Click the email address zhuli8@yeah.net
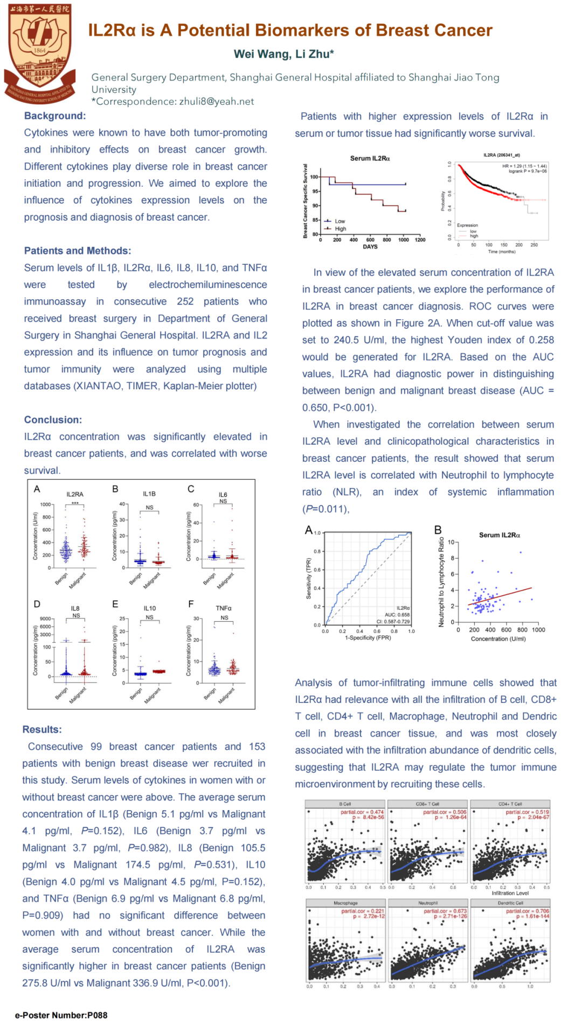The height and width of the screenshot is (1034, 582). coord(216,101)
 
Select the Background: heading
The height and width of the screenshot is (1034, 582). coord(55,116)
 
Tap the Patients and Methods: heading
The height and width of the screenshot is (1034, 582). coord(78,251)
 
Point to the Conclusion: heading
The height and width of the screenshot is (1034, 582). coord(53,420)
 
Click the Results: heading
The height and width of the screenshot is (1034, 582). coord(42,729)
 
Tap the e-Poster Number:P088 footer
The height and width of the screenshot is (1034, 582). coord(61,1015)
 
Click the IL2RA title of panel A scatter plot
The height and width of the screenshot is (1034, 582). coord(75,494)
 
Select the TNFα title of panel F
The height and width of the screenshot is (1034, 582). coord(224,608)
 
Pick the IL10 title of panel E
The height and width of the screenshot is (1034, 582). coord(150,608)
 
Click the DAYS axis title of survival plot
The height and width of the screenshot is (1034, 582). coord(370,247)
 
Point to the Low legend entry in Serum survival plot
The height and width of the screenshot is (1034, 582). coord(339,221)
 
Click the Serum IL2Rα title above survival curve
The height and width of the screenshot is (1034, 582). coord(370,158)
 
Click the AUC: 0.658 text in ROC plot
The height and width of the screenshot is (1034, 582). coord(397,615)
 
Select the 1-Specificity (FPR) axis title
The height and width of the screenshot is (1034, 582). coord(368,638)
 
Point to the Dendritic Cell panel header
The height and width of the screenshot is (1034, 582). coord(510,903)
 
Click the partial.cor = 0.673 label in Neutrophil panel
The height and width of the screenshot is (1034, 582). coord(445,911)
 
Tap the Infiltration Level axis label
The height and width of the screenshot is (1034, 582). coord(510,893)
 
